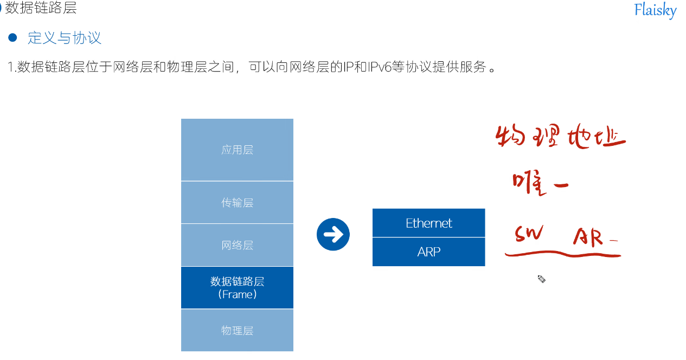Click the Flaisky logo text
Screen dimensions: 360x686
click(655, 10)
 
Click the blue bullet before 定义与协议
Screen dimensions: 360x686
click(13, 37)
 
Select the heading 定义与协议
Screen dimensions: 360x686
click(65, 38)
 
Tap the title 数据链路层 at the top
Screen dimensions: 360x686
click(41, 8)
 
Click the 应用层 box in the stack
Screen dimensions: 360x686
click(237, 150)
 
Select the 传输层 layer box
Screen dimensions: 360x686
click(237, 202)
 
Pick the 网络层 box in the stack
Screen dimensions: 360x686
click(237, 245)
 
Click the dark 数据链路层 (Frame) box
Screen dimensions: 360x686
click(237, 287)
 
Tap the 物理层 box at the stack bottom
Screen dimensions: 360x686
click(237, 330)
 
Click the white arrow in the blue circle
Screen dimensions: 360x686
click(333, 234)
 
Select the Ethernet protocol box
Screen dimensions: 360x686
click(428, 223)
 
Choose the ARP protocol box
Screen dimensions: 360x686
click(428, 252)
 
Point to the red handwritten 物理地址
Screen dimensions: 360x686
click(560, 138)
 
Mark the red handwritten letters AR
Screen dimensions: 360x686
click(588, 237)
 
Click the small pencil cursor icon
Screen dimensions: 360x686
click(541, 279)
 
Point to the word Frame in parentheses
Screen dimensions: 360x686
click(237, 294)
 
